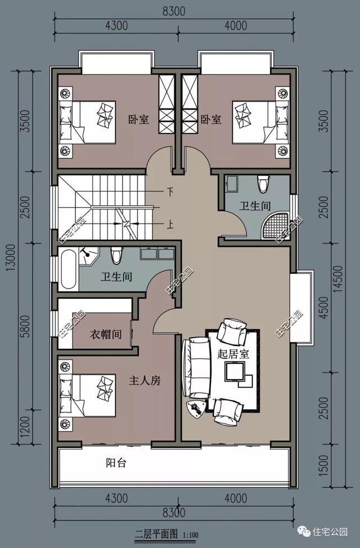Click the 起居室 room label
click(233, 354)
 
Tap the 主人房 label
click(145, 380)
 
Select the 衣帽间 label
click(106, 334)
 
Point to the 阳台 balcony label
click(116, 463)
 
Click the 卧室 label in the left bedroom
click(139, 119)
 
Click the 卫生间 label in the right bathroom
click(255, 205)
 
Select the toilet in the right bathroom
click(263, 183)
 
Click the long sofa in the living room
click(196, 367)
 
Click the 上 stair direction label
click(169, 224)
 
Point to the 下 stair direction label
click(170, 191)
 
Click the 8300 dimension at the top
click(174, 11)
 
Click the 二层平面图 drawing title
click(156, 534)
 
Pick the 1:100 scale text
click(190, 534)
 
